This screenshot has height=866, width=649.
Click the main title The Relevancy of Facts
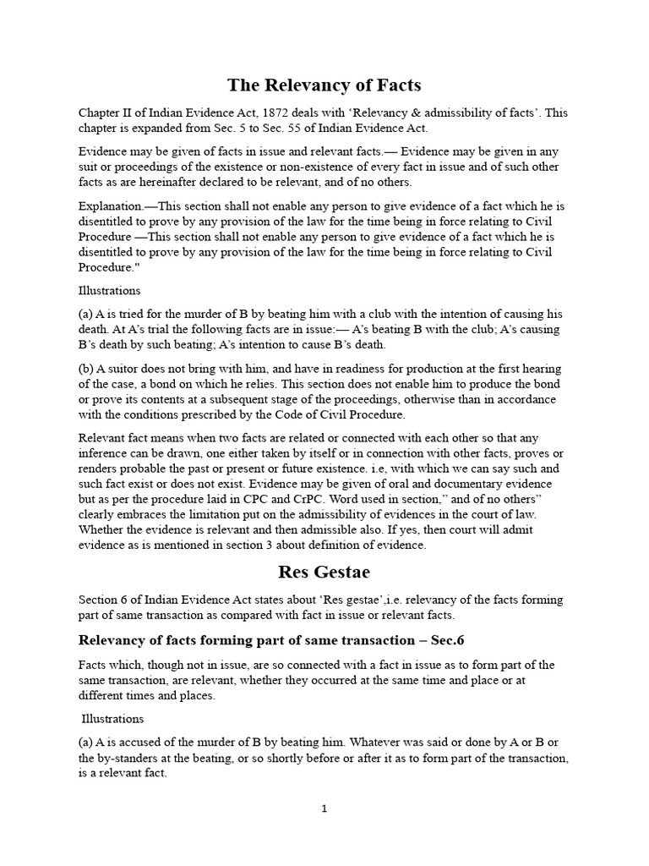(x=324, y=85)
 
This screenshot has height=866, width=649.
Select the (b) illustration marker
(x=86, y=370)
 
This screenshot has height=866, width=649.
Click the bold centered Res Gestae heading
(x=324, y=572)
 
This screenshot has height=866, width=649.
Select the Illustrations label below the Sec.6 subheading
(x=112, y=719)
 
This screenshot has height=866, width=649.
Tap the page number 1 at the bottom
(x=324, y=808)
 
